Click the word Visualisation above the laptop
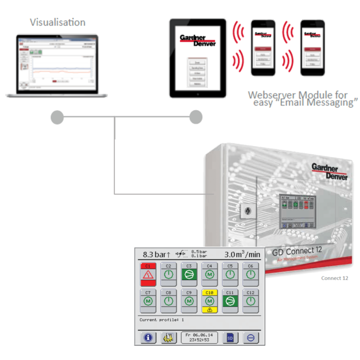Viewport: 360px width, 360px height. click(x=58, y=22)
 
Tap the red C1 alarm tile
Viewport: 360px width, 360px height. click(x=148, y=274)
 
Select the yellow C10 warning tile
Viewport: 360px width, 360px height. click(x=209, y=301)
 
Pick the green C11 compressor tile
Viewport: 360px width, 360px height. click(x=230, y=300)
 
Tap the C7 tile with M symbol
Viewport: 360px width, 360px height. click(x=148, y=300)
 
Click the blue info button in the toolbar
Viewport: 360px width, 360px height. click(x=148, y=337)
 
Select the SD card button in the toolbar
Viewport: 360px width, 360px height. click(x=230, y=337)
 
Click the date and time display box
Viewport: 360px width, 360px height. click(x=199, y=337)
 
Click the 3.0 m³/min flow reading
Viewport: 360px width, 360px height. click(x=241, y=255)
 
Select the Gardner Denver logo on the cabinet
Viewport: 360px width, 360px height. click(x=330, y=172)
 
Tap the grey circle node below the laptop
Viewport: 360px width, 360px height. click(x=57, y=117)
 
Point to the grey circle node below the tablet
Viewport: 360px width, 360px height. click(x=195, y=117)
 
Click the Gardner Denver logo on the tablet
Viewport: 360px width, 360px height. click(x=197, y=40)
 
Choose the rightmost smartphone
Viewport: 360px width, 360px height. click(x=313, y=48)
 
